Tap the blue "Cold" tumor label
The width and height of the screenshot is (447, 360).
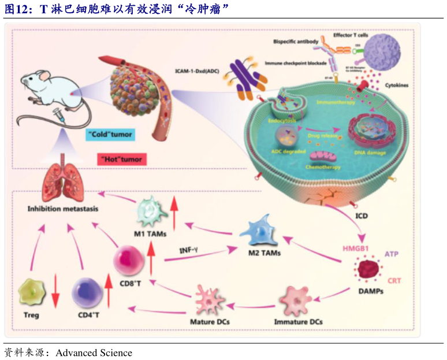[110, 135]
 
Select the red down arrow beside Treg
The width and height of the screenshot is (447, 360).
[55, 292]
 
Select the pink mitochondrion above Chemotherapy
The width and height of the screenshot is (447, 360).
[323, 155]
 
